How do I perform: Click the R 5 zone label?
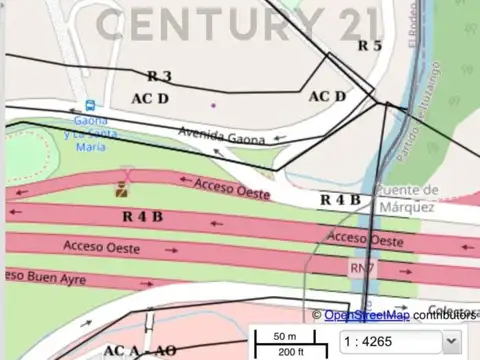(x=370, y=45)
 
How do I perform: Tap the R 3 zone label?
(x=159, y=76)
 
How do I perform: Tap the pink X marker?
(x=126, y=172)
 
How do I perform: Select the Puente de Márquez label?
(x=405, y=198)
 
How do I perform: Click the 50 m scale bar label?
(x=285, y=336)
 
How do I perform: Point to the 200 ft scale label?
(x=291, y=352)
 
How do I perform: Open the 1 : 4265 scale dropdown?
(x=400, y=341)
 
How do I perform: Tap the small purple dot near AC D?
(x=212, y=103)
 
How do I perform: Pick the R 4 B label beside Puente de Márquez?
(x=340, y=200)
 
